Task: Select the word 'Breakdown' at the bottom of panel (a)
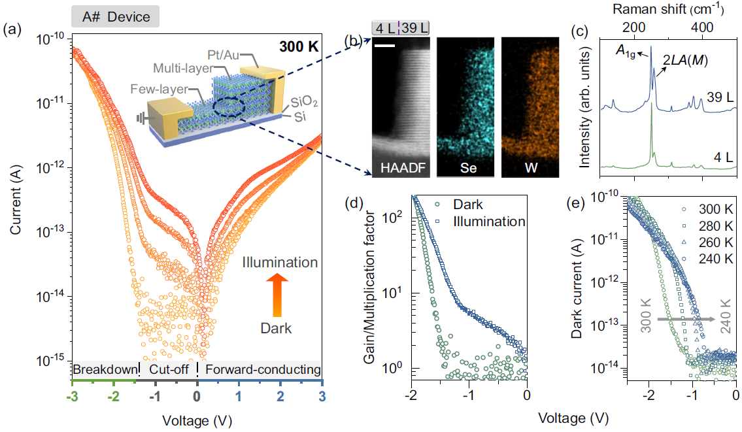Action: click(x=104, y=370)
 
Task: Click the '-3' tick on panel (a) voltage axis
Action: click(x=73, y=397)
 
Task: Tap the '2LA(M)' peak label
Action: click(x=684, y=60)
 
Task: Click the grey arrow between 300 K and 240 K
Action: click(x=684, y=319)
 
